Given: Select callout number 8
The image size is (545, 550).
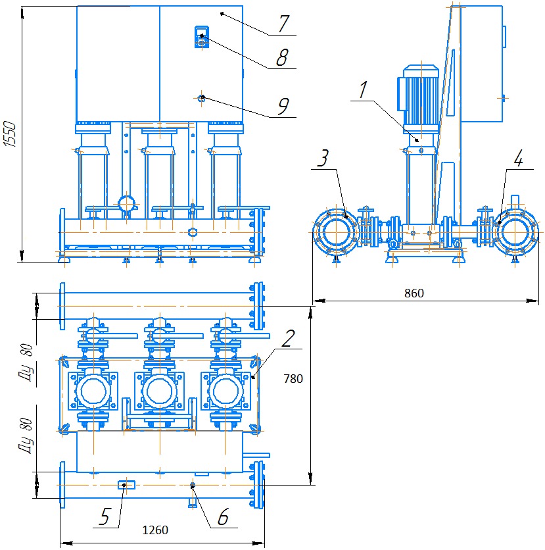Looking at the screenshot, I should coord(282,58).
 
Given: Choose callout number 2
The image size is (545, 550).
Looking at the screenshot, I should coord(287,338).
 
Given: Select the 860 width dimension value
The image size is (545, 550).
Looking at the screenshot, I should coord(414,293).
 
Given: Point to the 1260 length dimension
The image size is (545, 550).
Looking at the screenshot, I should coord(156,530).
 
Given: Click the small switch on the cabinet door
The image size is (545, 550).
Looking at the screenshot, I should coord(202,37).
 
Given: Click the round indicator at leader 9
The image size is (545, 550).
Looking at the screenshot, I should coord(202,98).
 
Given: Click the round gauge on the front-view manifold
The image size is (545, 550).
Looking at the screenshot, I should coord(126,203).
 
